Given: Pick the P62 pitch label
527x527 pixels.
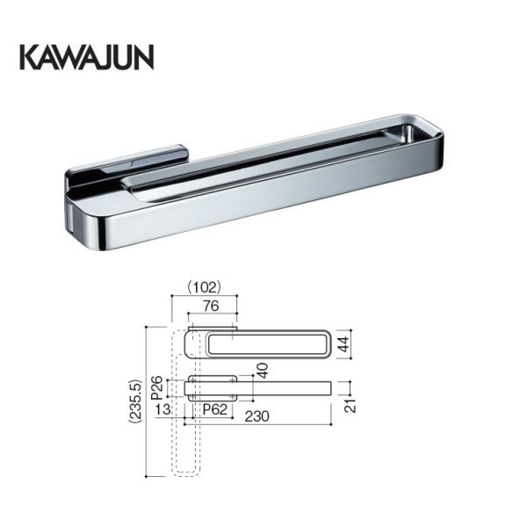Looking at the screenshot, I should point(216,409).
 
